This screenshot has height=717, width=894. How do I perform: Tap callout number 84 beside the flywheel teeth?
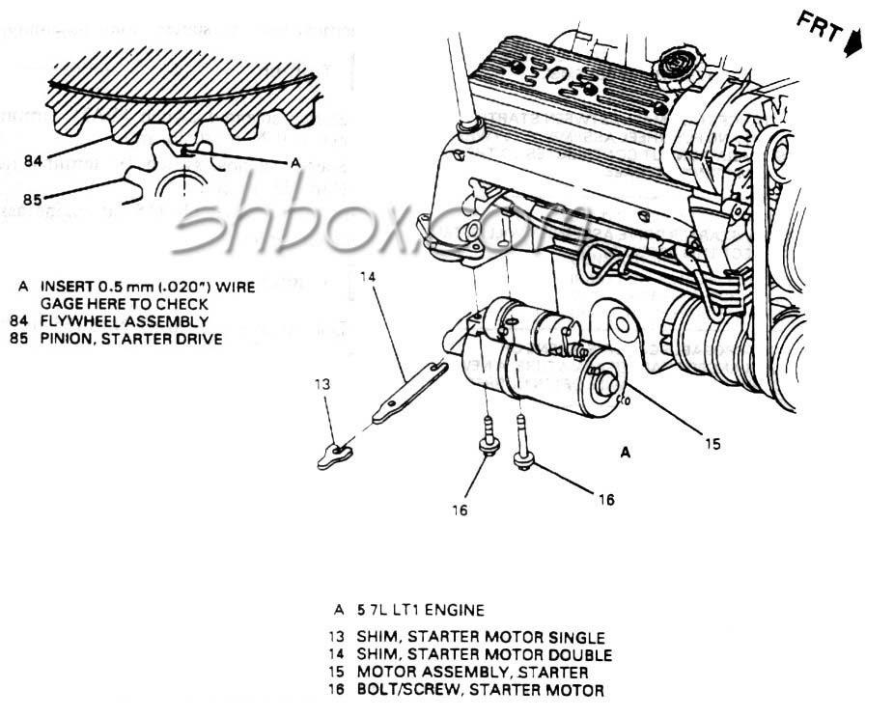coord(33,161)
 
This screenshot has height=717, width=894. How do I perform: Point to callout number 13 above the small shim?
coord(322,384)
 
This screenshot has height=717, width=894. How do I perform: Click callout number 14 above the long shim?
coord(368,276)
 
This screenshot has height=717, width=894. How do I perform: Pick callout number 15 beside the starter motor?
coord(712,444)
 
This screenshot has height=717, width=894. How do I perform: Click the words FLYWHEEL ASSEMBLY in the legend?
coord(124,322)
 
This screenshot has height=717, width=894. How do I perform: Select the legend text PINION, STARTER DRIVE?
coord(131,339)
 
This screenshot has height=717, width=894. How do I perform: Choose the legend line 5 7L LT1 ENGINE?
coord(421,610)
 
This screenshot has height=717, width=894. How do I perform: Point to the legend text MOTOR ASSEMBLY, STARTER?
coord(472,673)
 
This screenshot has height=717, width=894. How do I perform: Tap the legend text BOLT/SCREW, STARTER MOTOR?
coord(480,690)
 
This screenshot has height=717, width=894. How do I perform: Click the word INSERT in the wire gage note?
coord(67,288)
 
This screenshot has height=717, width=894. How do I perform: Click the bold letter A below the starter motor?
coord(626,452)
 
